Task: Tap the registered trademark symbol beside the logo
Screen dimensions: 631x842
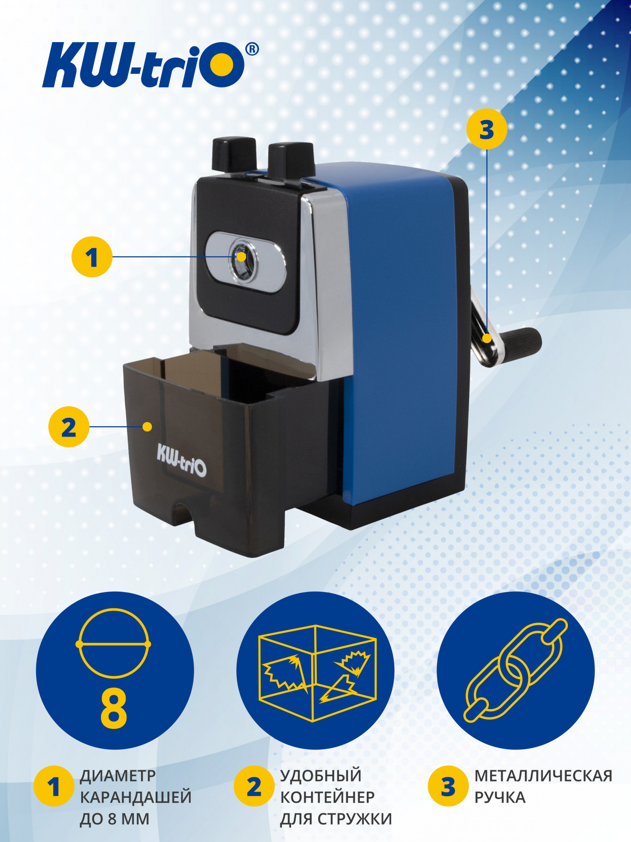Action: pyautogui.click(x=252, y=49)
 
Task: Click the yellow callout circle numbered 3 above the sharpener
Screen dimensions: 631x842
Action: pyautogui.click(x=487, y=129)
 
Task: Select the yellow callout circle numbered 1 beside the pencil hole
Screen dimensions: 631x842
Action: pyautogui.click(x=92, y=257)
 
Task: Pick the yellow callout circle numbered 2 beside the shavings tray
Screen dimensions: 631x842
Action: pyautogui.click(x=69, y=426)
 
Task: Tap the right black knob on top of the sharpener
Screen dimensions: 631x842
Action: pyautogui.click(x=292, y=160)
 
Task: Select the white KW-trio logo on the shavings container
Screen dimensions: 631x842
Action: pyautogui.click(x=182, y=460)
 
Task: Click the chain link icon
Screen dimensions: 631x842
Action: pyautogui.click(x=516, y=670)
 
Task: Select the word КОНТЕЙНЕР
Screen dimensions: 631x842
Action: pyautogui.click(x=327, y=797)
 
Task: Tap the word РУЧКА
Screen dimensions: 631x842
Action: pyautogui.click(x=500, y=797)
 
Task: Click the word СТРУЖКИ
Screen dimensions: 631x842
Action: pyautogui.click(x=355, y=819)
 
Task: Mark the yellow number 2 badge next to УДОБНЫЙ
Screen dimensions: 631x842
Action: pyautogui.click(x=254, y=786)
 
